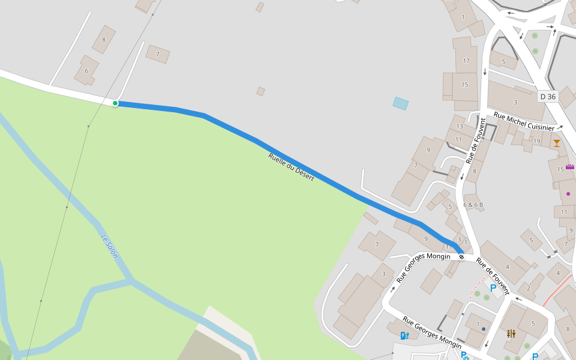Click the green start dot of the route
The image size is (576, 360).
click(x=115, y=103)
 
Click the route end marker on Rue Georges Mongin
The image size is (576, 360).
click(x=461, y=257)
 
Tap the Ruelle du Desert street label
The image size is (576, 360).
click(x=291, y=167)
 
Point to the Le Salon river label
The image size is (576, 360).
click(x=109, y=246)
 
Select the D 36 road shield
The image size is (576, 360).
click(x=548, y=96)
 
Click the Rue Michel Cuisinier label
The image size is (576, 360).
click(x=524, y=121)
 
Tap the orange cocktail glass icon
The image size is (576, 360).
click(x=557, y=143)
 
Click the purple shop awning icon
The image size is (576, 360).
click(x=569, y=166)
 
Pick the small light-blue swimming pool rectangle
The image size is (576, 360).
click(x=400, y=103)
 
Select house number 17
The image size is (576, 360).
click(x=466, y=61)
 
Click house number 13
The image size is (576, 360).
click(x=460, y=126)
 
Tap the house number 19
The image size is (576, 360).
click(x=536, y=141)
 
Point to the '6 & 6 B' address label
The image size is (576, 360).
click(x=473, y=205)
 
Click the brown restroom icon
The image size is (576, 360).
click(x=511, y=333)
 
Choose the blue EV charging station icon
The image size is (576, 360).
click(x=405, y=335)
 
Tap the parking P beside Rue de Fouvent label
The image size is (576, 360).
click(x=493, y=288)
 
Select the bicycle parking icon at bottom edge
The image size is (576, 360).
click(x=464, y=355)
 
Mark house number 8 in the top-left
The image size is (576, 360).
click(x=104, y=40)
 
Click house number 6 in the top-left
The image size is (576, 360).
click(x=86, y=71)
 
